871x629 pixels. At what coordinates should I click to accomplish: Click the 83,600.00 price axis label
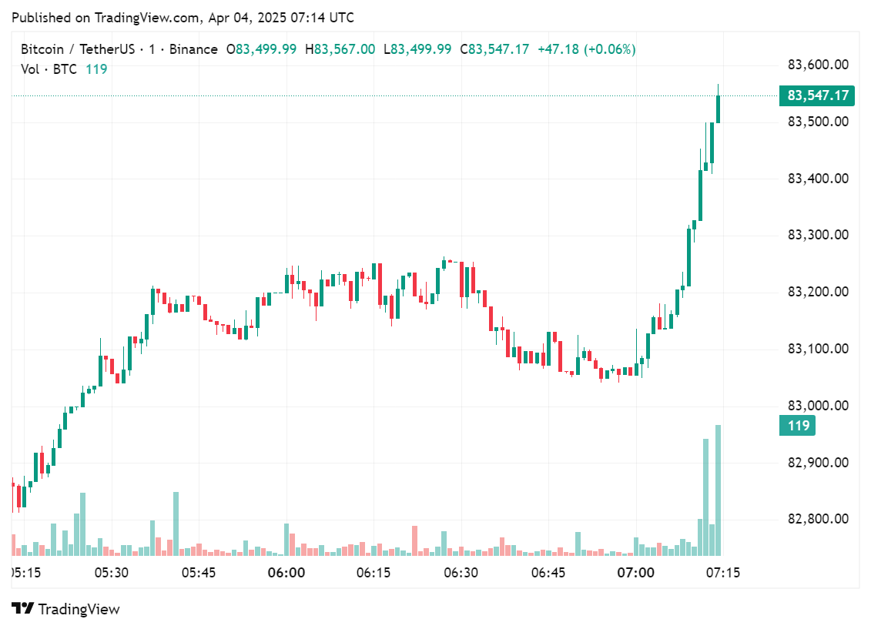817,65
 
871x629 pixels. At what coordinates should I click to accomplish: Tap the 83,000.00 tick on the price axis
817,406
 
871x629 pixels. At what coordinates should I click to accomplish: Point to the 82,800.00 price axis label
817,520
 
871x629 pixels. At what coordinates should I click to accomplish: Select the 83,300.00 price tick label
817,236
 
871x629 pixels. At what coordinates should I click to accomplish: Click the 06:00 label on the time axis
286,573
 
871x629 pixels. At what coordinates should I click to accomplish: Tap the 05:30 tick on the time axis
111,573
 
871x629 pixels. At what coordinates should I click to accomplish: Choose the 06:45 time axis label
549,573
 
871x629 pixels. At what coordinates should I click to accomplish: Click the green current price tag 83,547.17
818,95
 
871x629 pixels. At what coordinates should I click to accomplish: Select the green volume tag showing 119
798,425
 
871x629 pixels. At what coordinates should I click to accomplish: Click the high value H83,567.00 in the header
340,49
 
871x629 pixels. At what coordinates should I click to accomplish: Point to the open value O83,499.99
260,49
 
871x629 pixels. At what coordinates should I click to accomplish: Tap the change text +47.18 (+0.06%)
586,49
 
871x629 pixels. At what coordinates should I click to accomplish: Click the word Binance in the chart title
193,49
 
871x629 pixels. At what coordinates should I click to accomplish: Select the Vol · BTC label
49,69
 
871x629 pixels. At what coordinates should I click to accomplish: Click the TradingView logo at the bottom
66,609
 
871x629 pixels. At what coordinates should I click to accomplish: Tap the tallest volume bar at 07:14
718,490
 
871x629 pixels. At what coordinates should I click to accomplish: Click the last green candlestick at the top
718,109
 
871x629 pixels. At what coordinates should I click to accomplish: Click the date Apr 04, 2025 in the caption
251,17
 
